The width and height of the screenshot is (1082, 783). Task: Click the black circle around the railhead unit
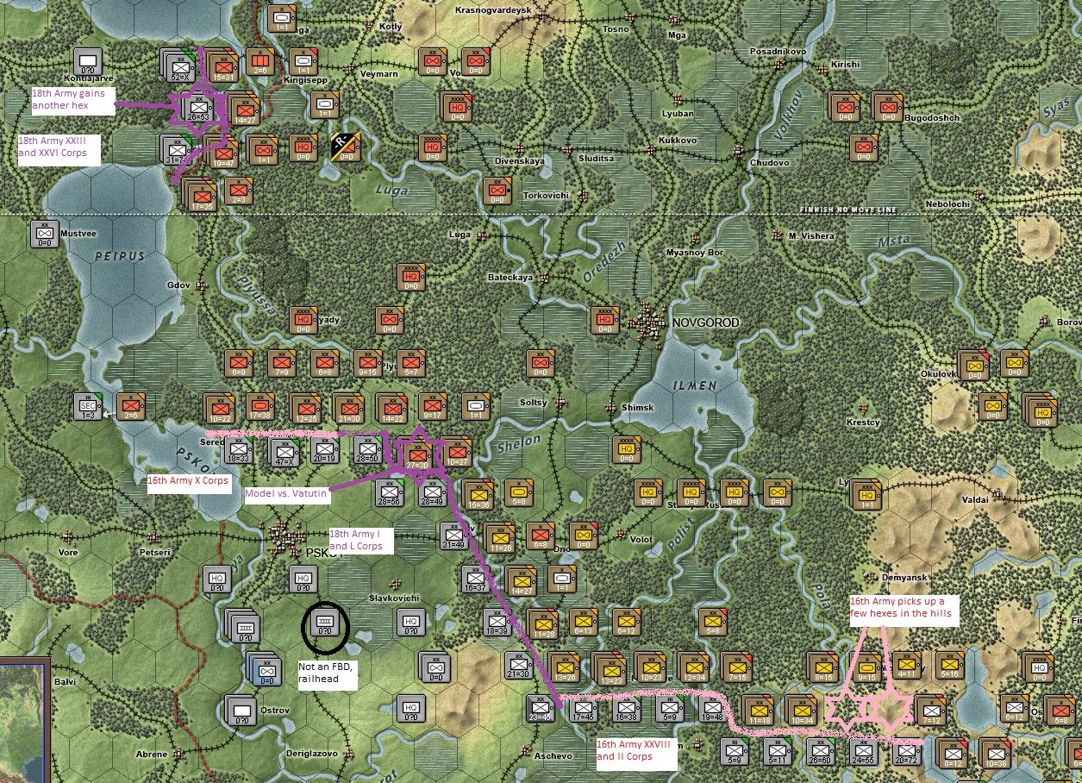(x=325, y=626)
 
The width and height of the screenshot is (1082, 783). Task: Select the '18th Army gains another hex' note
(x=72, y=99)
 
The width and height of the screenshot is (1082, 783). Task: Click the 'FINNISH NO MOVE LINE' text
(x=847, y=210)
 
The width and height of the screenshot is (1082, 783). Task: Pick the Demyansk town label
(x=903, y=578)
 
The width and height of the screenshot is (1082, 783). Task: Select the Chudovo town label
(x=770, y=162)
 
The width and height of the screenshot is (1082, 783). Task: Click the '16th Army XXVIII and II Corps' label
(x=636, y=750)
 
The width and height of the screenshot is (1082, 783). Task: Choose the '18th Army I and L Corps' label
(x=360, y=540)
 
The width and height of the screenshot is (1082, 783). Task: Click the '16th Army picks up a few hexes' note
(x=900, y=607)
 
